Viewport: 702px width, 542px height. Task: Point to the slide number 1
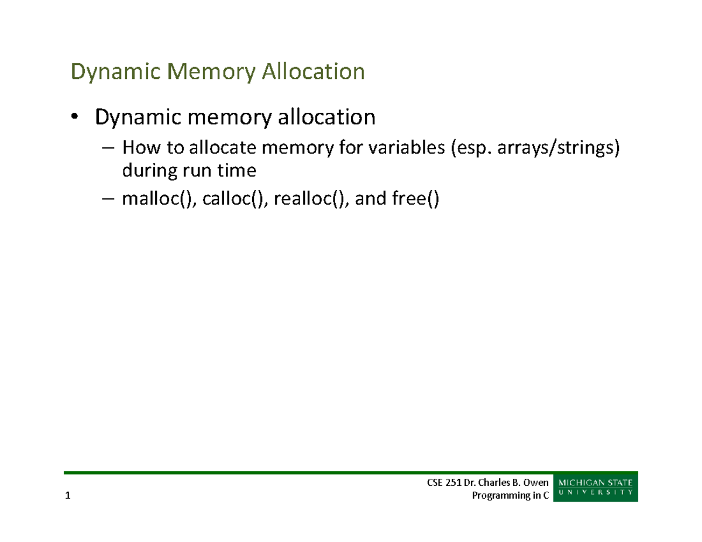click(x=68, y=496)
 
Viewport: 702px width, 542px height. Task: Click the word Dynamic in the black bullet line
click(x=137, y=118)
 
